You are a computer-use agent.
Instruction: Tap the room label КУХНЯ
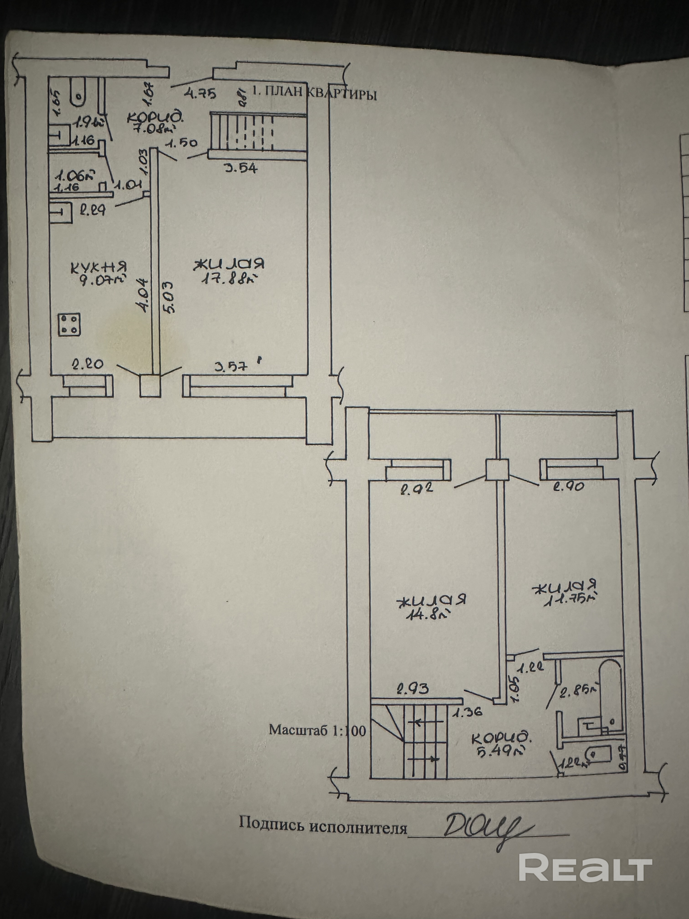coord(98,267)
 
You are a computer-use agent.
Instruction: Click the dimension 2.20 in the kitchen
coord(88,364)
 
